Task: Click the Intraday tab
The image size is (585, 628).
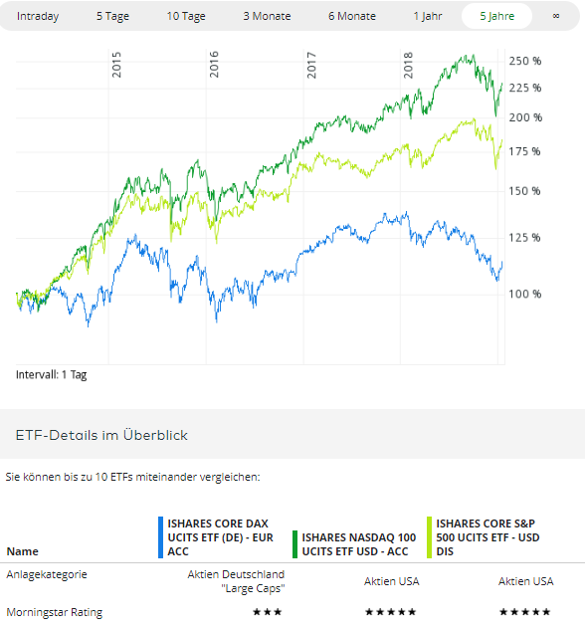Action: tap(38, 16)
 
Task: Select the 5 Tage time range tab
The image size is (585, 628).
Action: tap(112, 16)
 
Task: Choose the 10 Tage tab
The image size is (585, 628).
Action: tap(187, 16)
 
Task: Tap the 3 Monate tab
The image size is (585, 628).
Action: tap(267, 16)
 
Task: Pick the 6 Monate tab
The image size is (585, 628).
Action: tap(351, 16)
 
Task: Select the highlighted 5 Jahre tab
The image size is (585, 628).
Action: tap(496, 16)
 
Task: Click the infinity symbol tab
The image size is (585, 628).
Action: tap(555, 16)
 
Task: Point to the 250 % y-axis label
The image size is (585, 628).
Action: tap(524, 61)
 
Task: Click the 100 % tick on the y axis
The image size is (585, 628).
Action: tap(524, 294)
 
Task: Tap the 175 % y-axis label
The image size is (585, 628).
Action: tap(524, 151)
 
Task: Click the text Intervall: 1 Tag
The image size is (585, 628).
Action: tap(51, 375)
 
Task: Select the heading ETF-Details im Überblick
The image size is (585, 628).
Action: tap(101, 435)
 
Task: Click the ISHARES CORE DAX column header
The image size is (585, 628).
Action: tap(217, 536)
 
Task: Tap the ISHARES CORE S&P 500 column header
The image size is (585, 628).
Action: tap(487, 536)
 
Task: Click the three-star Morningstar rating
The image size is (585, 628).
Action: tap(267, 611)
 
